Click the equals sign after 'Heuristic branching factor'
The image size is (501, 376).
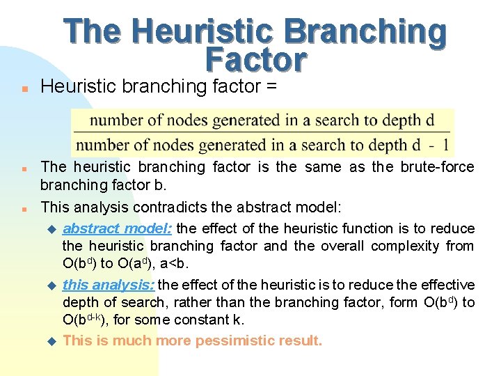(270, 86)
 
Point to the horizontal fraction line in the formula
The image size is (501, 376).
(262, 132)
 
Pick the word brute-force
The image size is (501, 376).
(437, 167)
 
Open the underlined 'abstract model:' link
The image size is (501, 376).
(119, 228)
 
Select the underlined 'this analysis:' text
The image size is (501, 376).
(111, 285)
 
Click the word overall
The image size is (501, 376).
(342, 246)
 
